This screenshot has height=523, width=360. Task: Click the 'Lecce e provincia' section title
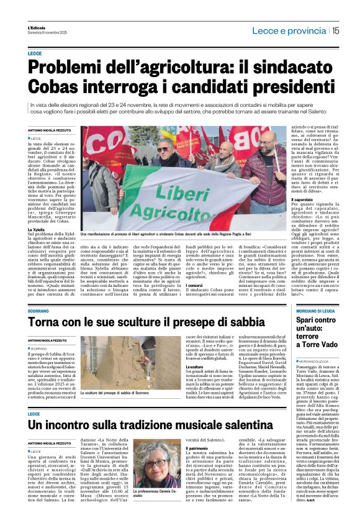click(x=293, y=29)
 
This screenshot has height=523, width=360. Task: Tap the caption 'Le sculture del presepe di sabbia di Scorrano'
click(x=117, y=393)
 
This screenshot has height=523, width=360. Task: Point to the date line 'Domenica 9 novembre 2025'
click(x=43, y=32)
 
